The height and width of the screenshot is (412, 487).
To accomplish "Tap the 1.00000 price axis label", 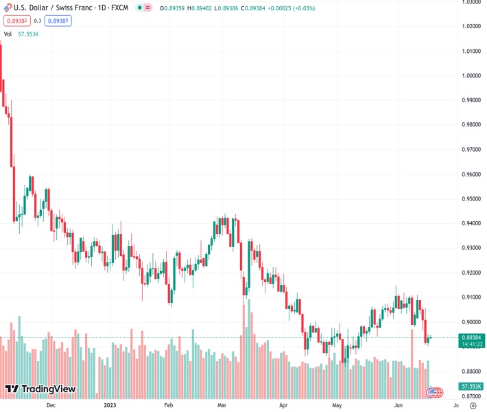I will point(470,76).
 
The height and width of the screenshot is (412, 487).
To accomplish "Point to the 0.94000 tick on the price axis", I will point(470,223).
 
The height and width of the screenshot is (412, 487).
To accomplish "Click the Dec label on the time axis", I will point(50,406).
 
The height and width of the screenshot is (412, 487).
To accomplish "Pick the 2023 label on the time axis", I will point(110,406).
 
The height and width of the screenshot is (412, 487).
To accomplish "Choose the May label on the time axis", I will point(337,406).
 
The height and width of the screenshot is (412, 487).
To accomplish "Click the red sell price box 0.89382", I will point(14,21).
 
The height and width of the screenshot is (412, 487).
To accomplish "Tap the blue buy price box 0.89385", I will point(60,21).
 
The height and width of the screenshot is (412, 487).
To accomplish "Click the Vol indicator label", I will point(8,34).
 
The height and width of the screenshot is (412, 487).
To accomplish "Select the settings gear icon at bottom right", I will point(473,406).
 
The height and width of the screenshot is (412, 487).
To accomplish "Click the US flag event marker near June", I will point(433,392).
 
